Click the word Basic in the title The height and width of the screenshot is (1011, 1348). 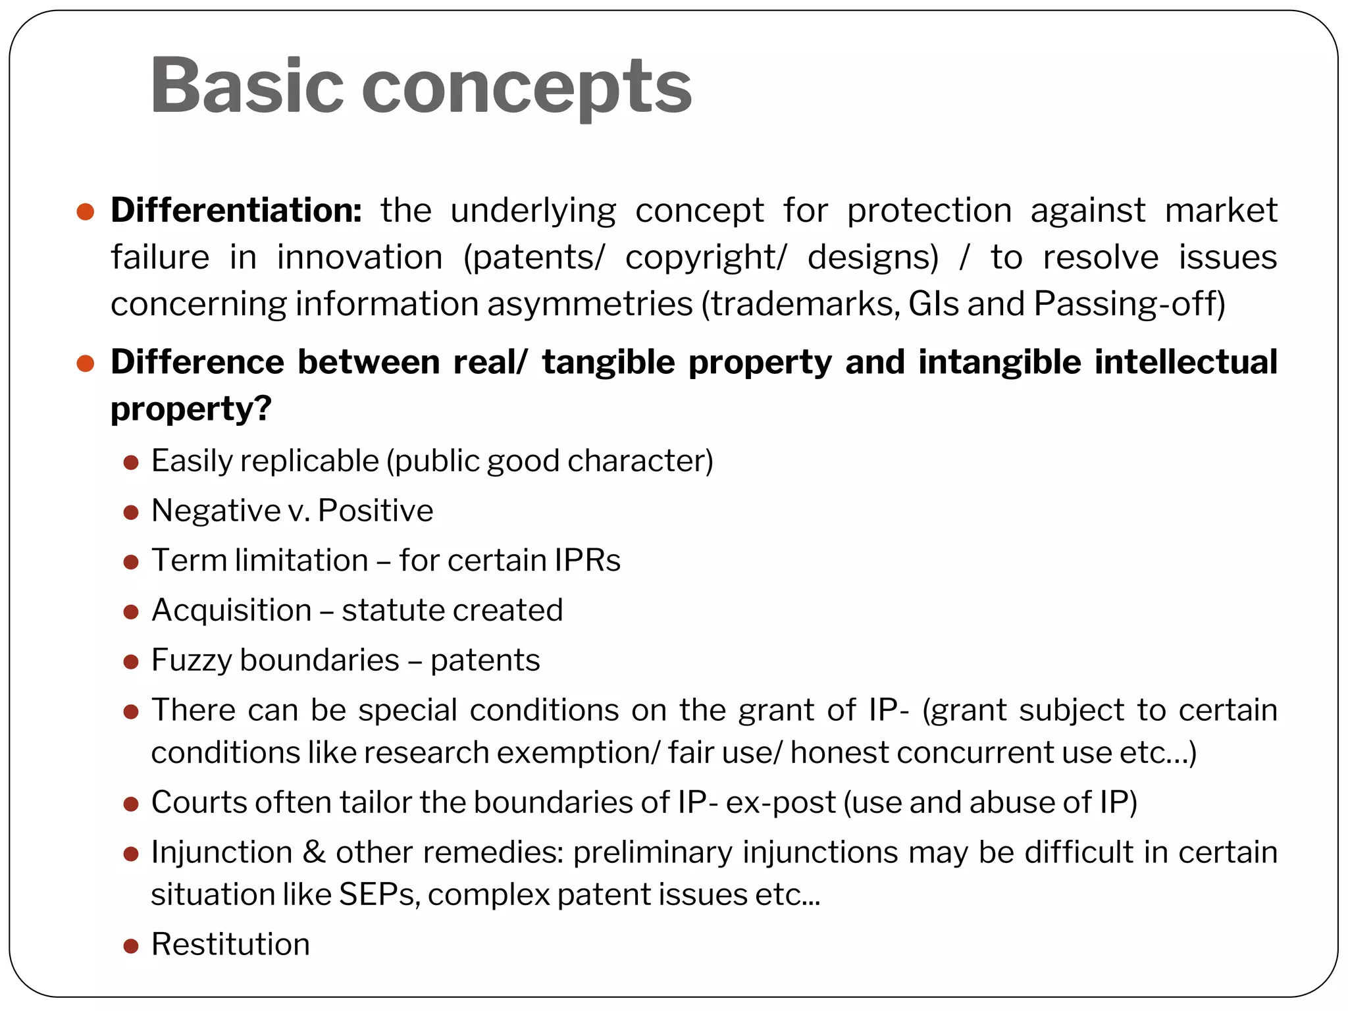(x=247, y=86)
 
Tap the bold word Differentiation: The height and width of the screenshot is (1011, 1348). (x=236, y=211)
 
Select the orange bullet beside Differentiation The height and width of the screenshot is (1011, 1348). (x=86, y=211)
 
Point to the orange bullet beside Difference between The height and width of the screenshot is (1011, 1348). (x=86, y=363)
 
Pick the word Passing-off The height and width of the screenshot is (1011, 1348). (x=1129, y=304)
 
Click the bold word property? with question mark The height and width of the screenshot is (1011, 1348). (x=191, y=409)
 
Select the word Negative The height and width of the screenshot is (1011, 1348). (x=216, y=511)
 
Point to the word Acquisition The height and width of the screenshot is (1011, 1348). (x=232, y=610)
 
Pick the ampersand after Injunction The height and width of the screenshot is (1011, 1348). (x=314, y=852)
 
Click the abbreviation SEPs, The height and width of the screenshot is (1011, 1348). (x=379, y=894)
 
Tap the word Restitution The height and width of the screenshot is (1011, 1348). (x=230, y=945)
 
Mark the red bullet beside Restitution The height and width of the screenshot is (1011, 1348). (x=131, y=946)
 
